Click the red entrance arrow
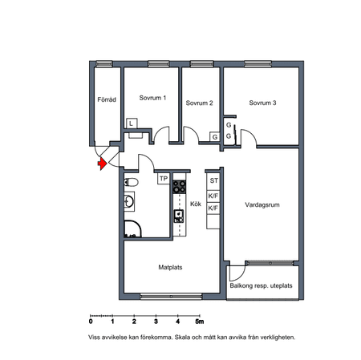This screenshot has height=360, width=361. click(x=102, y=163)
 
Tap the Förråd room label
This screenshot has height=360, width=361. click(x=107, y=99)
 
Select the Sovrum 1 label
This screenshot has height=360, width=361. click(x=152, y=98)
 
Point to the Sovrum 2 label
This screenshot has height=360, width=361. click(x=199, y=103)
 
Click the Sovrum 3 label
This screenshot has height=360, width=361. click(x=262, y=103)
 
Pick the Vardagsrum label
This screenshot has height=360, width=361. click(x=262, y=205)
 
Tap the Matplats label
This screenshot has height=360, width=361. click(x=170, y=267)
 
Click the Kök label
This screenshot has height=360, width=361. click(x=196, y=204)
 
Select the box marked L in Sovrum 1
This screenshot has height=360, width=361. click(x=132, y=123)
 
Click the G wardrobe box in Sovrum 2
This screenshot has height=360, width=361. click(x=215, y=137)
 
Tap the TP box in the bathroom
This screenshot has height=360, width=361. click(x=164, y=179)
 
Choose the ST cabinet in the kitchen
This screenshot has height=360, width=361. click(x=213, y=180)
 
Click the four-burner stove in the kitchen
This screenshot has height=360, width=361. click(x=179, y=187)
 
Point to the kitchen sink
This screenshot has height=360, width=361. click(x=179, y=216)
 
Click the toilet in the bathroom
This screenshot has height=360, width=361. click(x=131, y=183)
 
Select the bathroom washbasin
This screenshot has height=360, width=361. click(x=129, y=201)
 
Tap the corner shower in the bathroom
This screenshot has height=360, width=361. click(x=132, y=229)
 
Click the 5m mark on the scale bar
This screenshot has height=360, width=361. click(x=200, y=321)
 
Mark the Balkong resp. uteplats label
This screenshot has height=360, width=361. click(x=261, y=285)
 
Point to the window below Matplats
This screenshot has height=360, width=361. click(x=171, y=296)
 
